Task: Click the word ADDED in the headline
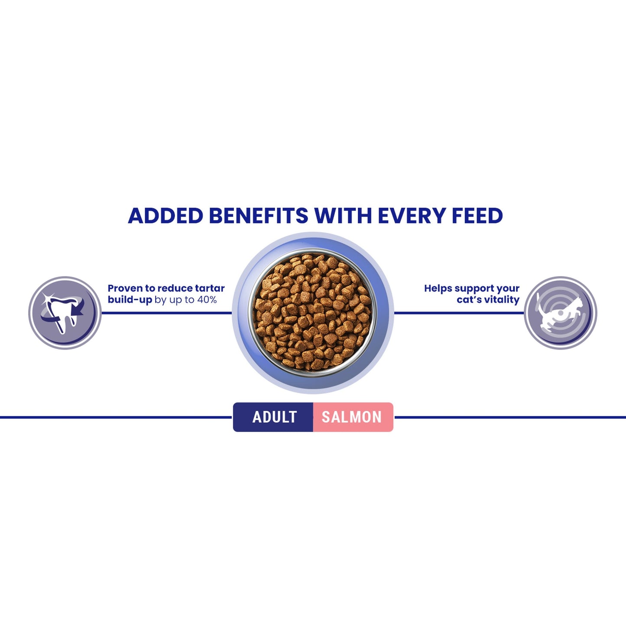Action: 165,216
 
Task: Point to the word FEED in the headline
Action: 477,216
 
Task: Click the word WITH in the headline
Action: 343,216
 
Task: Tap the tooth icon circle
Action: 65,313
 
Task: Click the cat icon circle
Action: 561,313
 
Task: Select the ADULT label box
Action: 274,417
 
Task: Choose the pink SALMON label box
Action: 352,417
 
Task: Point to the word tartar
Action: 210,289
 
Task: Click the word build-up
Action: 130,300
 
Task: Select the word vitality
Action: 503,300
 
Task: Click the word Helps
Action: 438,289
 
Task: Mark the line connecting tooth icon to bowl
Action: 167,313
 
